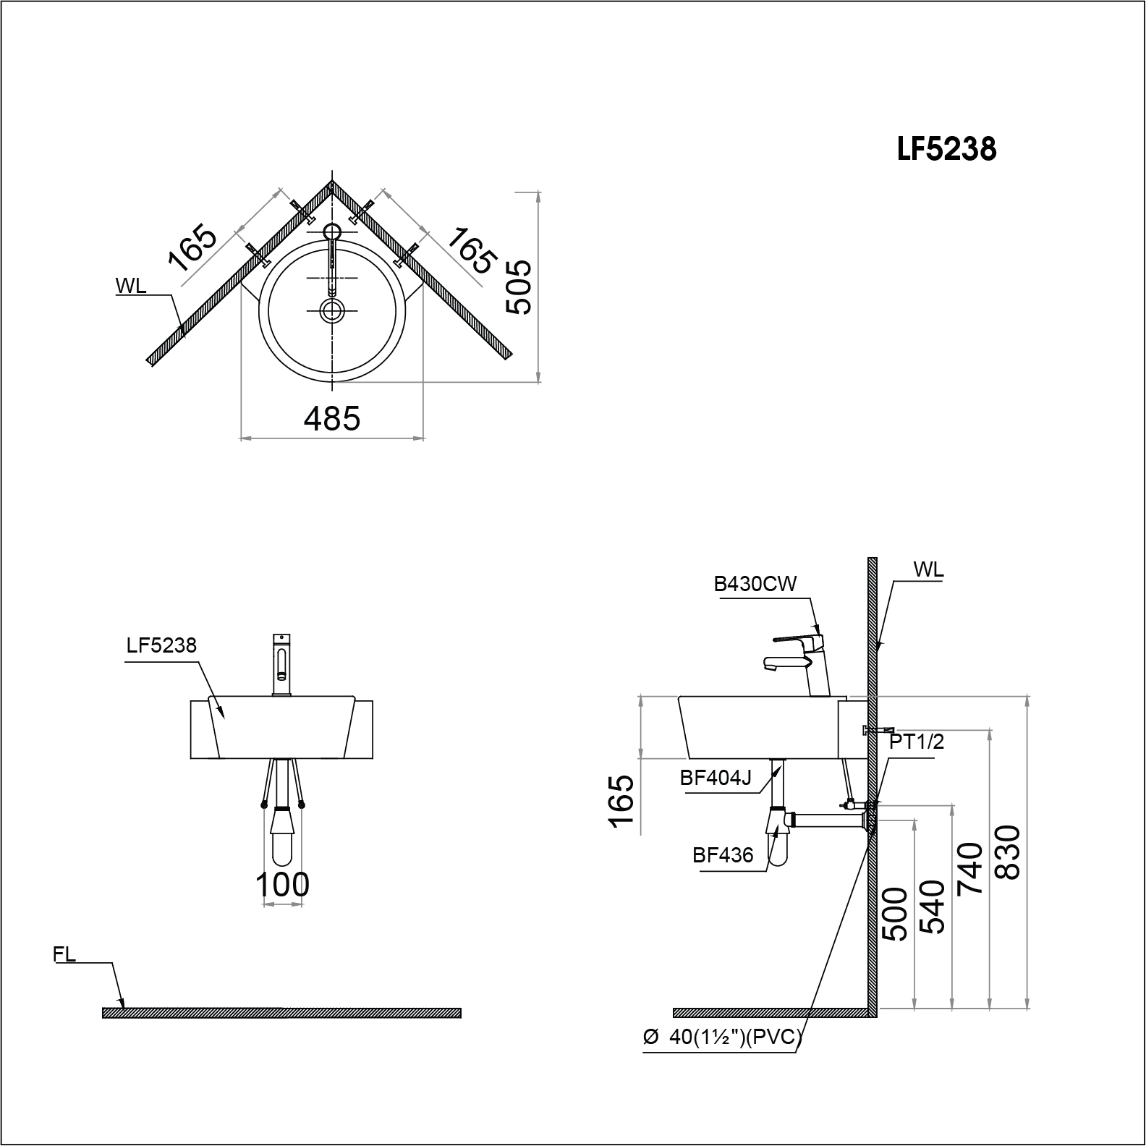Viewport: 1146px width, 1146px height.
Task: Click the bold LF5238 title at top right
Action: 946,150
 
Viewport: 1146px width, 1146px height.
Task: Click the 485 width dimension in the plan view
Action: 332,418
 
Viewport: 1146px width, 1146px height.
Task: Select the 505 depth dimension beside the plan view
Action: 519,286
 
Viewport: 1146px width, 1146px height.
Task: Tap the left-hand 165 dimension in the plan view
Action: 192,248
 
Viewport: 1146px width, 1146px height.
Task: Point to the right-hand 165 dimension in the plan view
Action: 471,250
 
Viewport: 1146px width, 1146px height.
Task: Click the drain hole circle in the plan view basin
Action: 332,310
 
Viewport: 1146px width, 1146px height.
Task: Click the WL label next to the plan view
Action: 131,286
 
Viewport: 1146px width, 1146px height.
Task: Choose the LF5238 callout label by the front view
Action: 161,645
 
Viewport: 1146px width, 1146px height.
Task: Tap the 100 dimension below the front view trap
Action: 282,884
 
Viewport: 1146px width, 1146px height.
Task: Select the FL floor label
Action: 64,954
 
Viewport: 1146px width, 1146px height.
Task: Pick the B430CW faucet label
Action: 755,585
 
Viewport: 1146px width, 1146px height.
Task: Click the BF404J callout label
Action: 716,778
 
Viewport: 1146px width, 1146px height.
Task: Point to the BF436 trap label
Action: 723,855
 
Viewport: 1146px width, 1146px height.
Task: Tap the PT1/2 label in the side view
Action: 917,742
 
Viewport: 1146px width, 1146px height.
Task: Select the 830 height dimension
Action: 1007,852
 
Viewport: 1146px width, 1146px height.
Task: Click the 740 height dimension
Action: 969,868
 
